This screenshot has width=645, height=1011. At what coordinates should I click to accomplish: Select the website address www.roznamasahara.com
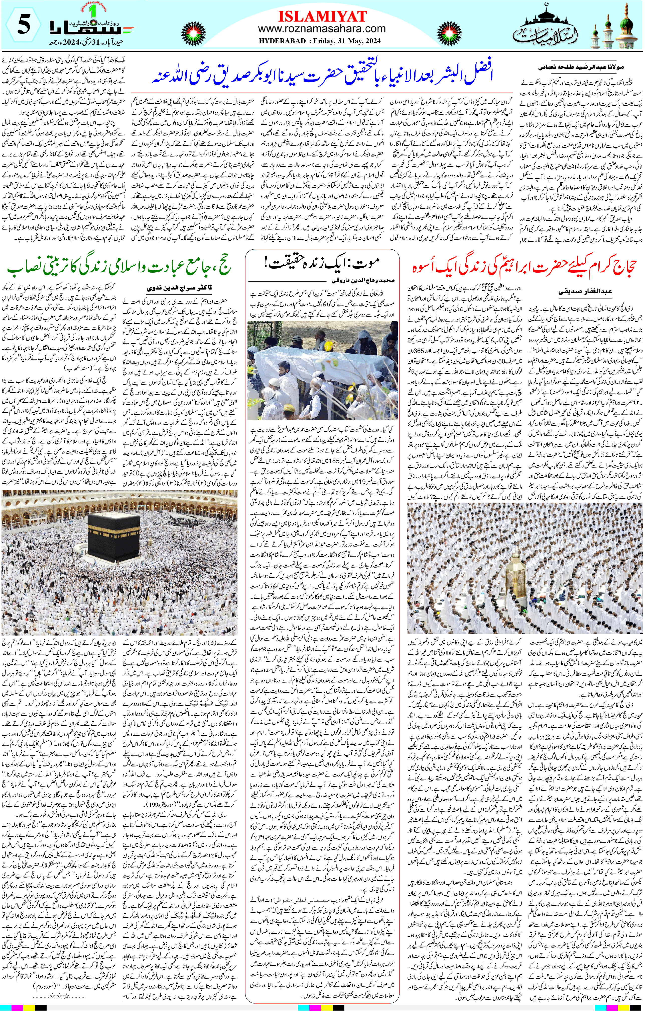tap(322, 29)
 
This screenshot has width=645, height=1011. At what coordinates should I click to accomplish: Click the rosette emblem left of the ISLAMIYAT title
tap(193, 32)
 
